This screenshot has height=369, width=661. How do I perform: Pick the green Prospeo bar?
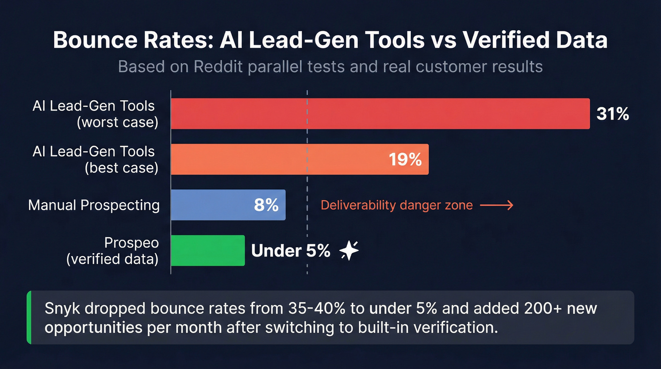[208, 250]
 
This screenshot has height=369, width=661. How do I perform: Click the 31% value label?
[612, 114]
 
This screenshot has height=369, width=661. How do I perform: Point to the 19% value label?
[405, 160]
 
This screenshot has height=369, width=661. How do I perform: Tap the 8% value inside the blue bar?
[266, 205]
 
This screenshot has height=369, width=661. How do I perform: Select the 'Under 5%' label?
[290, 251]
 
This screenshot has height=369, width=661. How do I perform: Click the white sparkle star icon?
[349, 251]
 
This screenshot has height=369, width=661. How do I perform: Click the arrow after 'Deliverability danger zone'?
[497, 205]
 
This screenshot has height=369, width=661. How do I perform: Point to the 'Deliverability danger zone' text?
[397, 205]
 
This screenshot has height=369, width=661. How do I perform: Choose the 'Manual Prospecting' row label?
[94, 205]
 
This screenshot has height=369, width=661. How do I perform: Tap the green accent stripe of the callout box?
[29, 317]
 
